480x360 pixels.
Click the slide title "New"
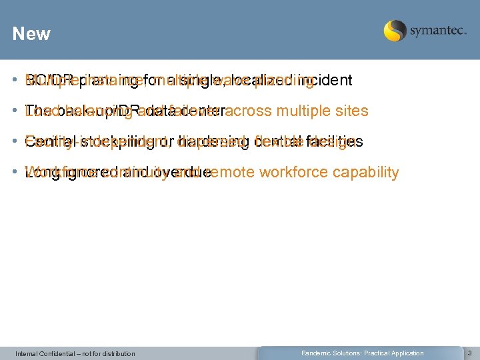[x=31, y=34]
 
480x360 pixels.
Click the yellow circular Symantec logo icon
[x=395, y=31]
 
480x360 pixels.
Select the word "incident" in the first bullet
[x=326, y=81]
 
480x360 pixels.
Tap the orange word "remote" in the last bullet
[x=233, y=173]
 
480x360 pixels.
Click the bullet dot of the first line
[x=15, y=81]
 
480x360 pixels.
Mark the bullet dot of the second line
[x=15, y=111]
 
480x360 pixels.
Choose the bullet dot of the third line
[x=15, y=142]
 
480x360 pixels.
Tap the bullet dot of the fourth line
[x=15, y=173]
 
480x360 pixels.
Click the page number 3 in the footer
[x=469, y=353]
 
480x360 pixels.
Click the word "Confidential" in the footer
[x=54, y=353]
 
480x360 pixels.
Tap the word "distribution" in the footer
[x=116, y=353]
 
